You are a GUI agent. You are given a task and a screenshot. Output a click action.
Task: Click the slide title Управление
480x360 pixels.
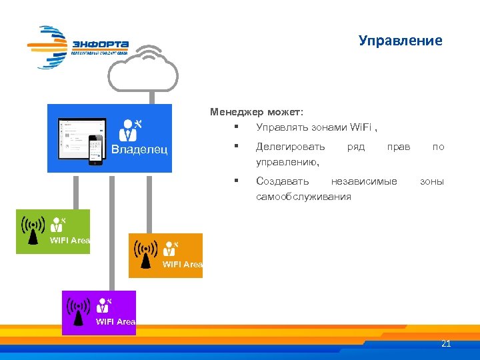coord(400,41)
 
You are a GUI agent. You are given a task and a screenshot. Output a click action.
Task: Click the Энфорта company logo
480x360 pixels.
coord(78,47)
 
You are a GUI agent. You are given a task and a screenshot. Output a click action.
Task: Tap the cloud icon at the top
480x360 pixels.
coord(145,69)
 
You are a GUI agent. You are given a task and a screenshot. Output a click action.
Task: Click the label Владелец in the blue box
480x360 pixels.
coord(139,148)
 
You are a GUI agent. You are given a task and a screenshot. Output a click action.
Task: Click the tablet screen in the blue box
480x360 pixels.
coord(79,137)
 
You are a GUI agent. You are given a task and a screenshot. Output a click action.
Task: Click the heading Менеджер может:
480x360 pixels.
coord(257,112)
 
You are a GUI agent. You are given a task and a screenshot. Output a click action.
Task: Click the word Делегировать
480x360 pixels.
coord(291,146)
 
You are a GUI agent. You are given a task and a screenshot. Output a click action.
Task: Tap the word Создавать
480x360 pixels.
coord(283,181)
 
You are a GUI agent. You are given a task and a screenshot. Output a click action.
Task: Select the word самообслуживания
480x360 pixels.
coord(303,197)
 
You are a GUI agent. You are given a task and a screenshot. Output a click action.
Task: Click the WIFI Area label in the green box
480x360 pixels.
coord(69,240)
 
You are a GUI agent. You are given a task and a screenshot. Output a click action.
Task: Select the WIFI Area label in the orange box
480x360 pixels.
coord(182,265)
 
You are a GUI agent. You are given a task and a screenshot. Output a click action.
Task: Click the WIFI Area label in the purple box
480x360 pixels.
coord(115,322)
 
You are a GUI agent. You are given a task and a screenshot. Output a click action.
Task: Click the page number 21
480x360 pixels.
coord(446,344)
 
